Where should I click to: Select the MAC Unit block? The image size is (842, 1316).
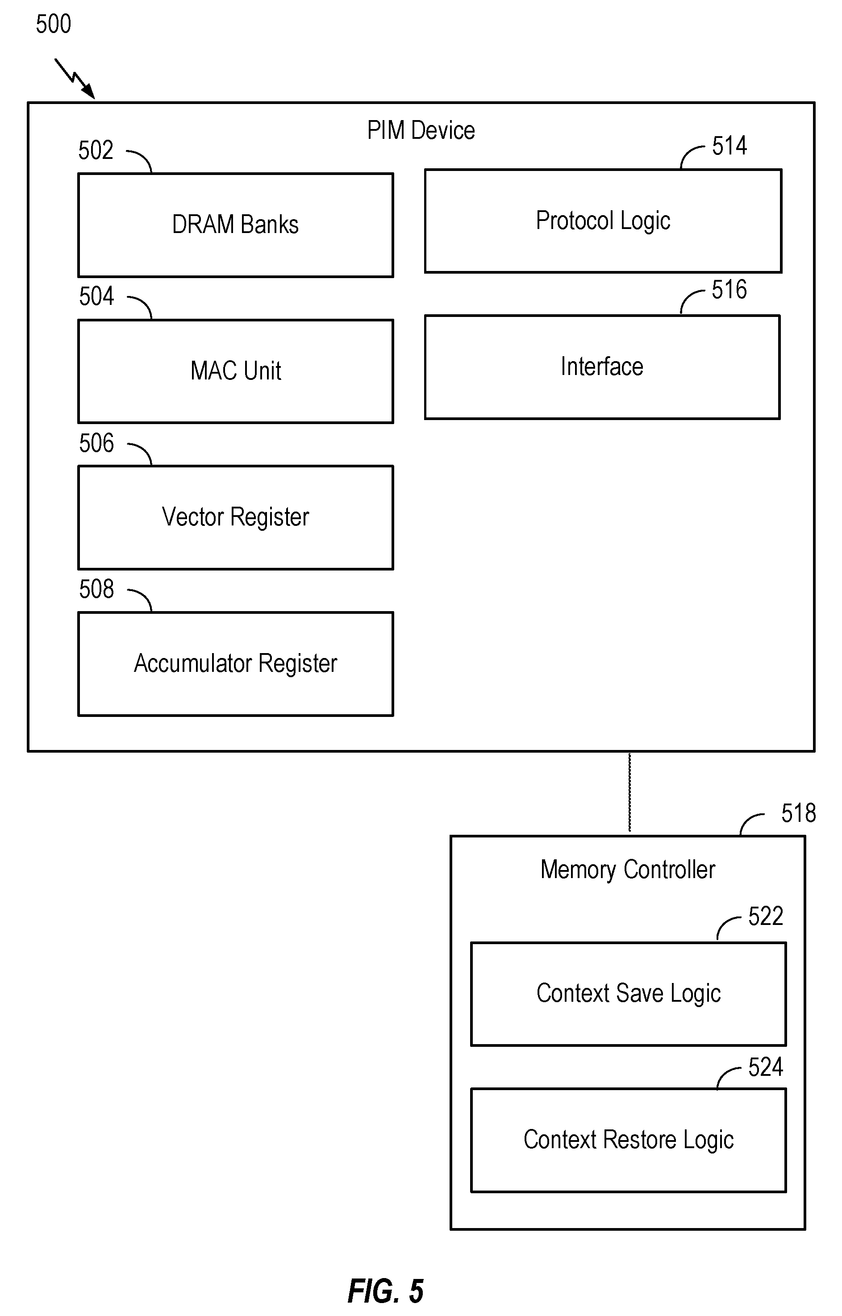point(236,371)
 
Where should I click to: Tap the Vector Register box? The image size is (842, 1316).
point(236,517)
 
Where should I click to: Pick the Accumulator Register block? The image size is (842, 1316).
point(236,664)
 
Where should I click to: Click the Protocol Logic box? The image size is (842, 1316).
point(603,221)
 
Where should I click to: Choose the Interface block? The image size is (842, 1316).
point(602,367)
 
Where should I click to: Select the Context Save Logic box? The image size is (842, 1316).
point(628,994)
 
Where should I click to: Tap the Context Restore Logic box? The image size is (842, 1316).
point(628,1140)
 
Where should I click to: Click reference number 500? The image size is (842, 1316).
point(54,24)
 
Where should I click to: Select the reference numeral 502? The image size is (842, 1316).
point(96,150)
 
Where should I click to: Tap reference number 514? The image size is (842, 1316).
point(729,146)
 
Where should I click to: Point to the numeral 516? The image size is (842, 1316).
point(729,290)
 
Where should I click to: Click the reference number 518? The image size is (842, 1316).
point(799,813)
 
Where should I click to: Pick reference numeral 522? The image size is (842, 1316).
point(766,916)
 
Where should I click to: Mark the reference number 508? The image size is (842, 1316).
point(97,589)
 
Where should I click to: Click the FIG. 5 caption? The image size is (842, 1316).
point(386,1291)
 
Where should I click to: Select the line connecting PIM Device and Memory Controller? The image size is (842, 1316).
point(630,793)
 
